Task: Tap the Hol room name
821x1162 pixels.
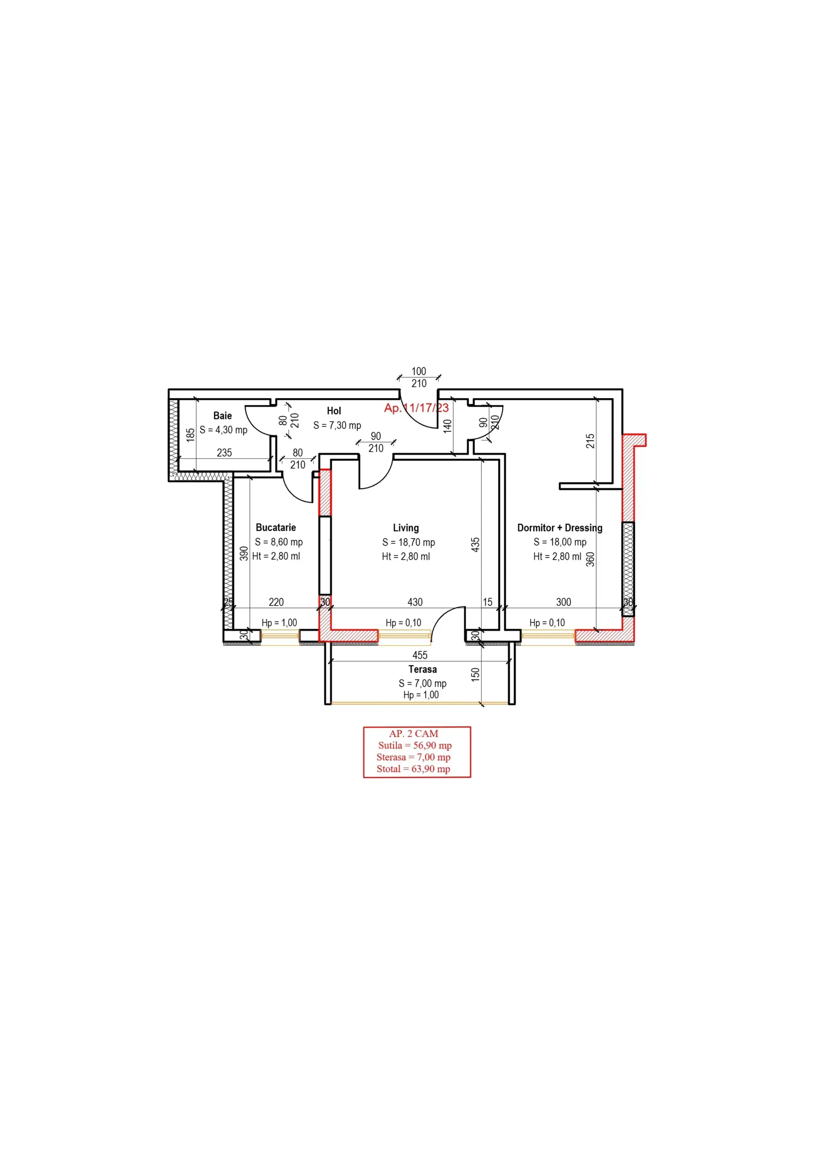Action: [334, 411]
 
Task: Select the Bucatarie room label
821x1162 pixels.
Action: [275, 527]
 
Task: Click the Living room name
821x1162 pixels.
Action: [405, 528]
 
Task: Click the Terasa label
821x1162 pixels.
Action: [422, 669]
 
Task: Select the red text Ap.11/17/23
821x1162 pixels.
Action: [416, 408]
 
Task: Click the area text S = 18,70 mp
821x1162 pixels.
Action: [408, 542]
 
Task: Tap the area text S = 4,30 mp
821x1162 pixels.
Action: [223, 430]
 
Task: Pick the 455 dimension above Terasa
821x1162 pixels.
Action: [420, 655]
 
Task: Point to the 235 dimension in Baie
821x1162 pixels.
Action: [224, 453]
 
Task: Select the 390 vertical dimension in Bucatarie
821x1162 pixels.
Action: [244, 553]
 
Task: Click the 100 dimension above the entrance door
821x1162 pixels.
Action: [418, 371]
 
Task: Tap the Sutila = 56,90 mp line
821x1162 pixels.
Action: [414, 745]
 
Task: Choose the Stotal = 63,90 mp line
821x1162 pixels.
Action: [413, 769]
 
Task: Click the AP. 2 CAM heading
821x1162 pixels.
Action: [413, 734]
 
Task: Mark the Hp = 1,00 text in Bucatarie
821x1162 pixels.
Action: [279, 622]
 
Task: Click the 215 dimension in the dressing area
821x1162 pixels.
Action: [590, 441]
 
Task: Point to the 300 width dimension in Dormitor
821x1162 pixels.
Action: [563, 602]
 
